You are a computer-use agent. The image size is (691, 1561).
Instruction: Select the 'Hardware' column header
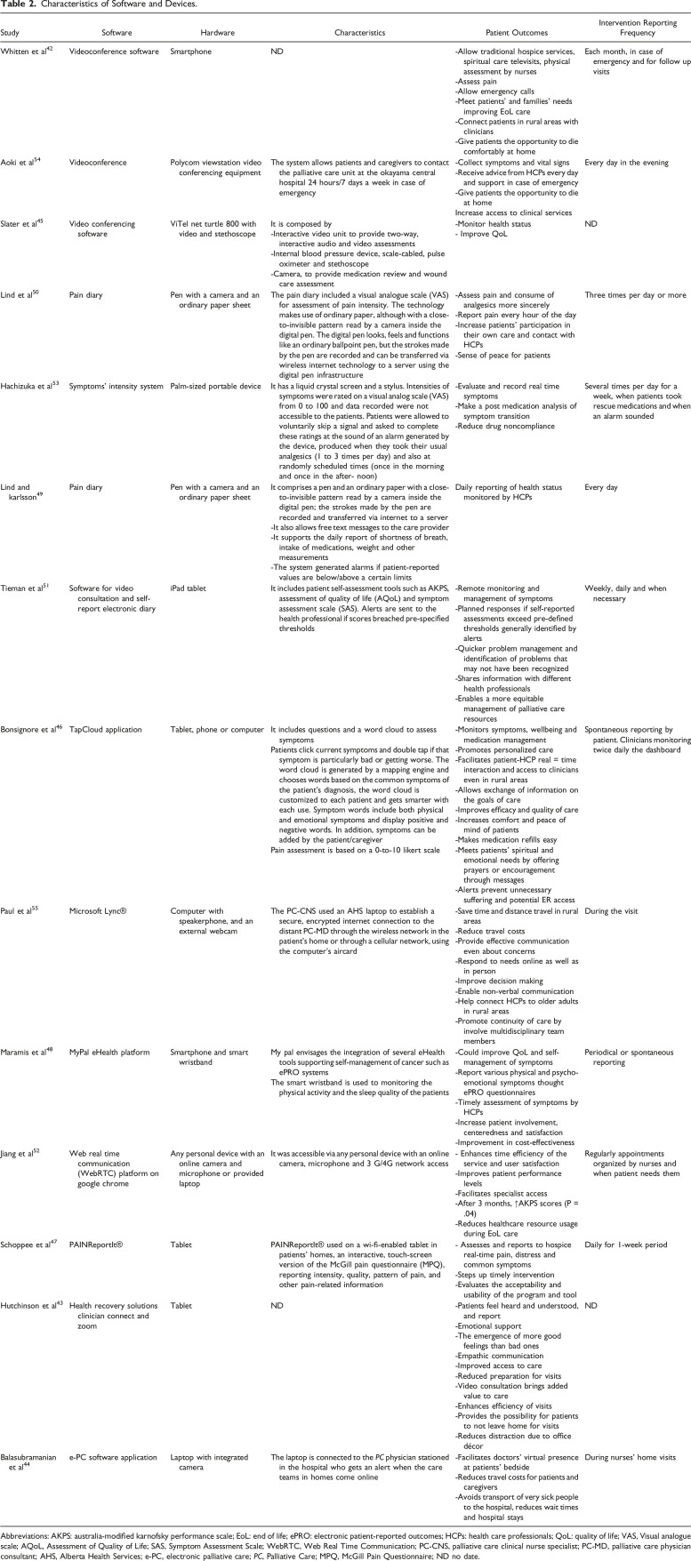click(x=188, y=33)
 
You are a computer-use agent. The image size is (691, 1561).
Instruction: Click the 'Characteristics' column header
click(x=359, y=33)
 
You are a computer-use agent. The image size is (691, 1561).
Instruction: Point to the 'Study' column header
click(x=11, y=33)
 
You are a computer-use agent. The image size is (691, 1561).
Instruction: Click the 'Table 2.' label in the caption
click(x=17, y=7)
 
